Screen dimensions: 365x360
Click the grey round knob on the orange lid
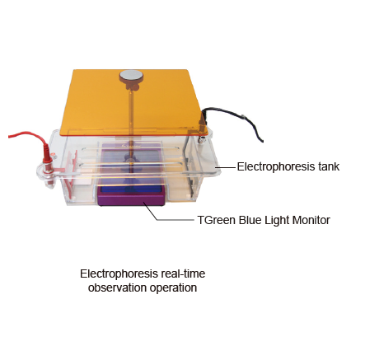pyautogui.click(x=131, y=76)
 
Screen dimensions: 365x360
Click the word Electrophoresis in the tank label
pyautogui.click(x=276, y=166)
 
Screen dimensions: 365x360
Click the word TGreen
pyautogui.click(x=217, y=220)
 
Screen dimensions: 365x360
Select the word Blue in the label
pyautogui.click(x=249, y=220)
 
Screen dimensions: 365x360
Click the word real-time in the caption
pyautogui.click(x=183, y=274)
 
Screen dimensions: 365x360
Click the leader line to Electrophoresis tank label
pyautogui.click(x=226, y=166)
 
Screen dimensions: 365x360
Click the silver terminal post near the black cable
pyautogui.click(x=202, y=140)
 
